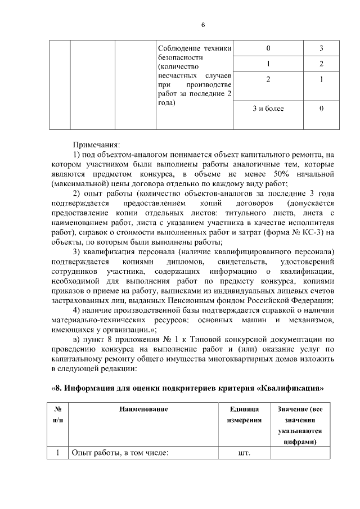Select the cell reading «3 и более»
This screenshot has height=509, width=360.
click(268, 108)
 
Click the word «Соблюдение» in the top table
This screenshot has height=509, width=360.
click(178, 48)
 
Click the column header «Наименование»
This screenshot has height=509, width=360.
click(143, 409)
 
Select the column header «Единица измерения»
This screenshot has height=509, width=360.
click(244, 415)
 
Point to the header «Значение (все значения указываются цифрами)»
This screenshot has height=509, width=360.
click(300, 425)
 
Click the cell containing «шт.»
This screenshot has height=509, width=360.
click(244, 453)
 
